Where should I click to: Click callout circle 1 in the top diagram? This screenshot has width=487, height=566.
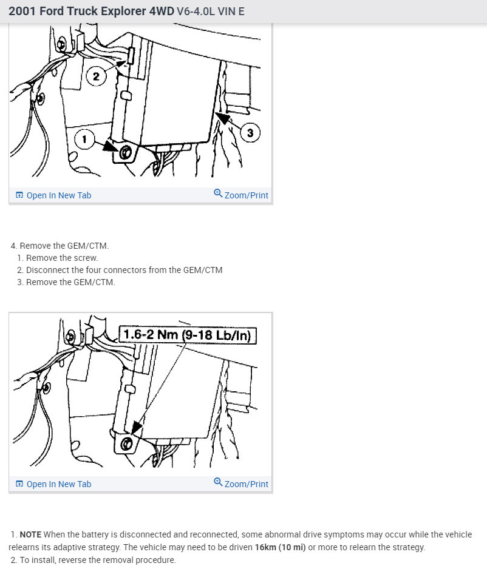tap(84, 139)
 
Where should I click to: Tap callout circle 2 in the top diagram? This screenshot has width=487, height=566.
tap(96, 76)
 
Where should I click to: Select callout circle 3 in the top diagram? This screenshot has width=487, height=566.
tap(250, 132)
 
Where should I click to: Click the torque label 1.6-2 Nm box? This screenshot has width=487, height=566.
tap(188, 335)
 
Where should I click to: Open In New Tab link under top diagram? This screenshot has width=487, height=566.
tap(53, 195)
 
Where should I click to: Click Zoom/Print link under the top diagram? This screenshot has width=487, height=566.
tap(241, 195)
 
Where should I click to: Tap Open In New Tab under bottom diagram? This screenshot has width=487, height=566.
tap(53, 484)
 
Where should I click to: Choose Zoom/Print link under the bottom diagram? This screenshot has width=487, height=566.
tap(241, 483)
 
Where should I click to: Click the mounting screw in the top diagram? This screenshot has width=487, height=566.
tap(125, 153)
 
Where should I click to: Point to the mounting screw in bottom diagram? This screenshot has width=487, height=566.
tap(126, 443)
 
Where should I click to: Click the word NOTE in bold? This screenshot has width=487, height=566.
tap(30, 534)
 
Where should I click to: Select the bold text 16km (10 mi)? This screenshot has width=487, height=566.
tap(281, 547)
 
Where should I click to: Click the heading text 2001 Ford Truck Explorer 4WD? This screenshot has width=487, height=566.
tap(92, 11)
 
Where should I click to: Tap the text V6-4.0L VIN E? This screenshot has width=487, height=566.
tap(211, 12)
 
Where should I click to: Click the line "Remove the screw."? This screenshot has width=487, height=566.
tap(58, 258)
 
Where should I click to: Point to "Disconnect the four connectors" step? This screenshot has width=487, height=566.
tap(120, 270)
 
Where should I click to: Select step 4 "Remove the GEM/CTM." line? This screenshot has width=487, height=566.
tap(60, 246)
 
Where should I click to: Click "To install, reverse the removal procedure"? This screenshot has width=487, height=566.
tap(93, 560)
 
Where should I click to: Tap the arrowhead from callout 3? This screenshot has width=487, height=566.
tap(223, 118)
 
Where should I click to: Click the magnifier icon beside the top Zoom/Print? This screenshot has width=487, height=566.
tap(218, 193)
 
